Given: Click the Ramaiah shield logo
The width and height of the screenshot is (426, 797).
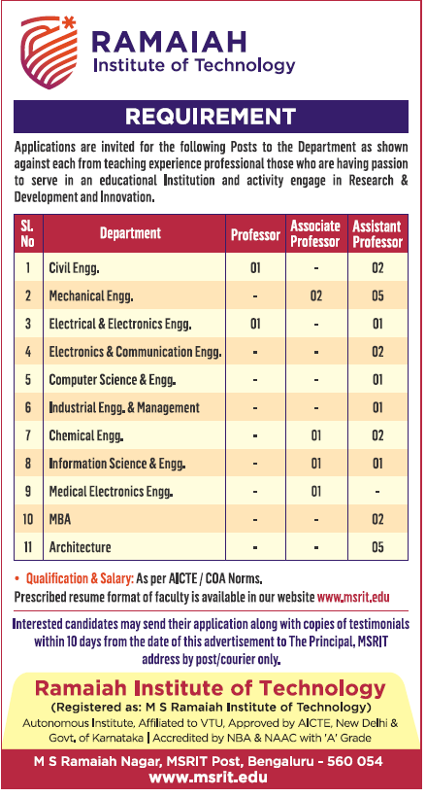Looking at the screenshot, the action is (49, 52).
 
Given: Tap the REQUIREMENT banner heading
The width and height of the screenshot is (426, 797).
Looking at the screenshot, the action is (211, 117).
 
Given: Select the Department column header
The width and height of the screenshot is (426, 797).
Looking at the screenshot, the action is (130, 233).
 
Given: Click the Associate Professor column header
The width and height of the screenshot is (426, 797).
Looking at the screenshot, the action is (315, 233).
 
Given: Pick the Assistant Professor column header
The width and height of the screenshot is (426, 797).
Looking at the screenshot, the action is (377, 233).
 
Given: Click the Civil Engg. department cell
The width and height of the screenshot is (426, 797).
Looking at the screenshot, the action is (74, 268).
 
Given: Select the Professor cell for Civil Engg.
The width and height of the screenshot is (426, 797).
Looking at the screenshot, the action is (255, 267).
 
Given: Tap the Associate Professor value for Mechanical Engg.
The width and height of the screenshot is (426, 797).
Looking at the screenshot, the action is (315, 295).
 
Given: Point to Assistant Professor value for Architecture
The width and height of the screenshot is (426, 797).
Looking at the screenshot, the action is (377, 547).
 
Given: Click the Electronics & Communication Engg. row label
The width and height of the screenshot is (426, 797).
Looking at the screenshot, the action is (135, 352).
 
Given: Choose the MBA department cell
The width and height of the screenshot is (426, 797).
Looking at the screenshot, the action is (60, 519).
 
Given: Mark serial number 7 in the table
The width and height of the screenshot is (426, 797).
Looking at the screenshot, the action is (28, 435).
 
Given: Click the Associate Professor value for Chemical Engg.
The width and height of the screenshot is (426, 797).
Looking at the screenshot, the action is (315, 435).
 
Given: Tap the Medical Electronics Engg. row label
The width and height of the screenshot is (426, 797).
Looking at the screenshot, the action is (112, 492).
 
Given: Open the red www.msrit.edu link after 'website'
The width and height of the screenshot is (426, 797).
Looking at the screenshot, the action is (353, 596).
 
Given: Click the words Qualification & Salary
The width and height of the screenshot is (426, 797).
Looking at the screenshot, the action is (80, 578).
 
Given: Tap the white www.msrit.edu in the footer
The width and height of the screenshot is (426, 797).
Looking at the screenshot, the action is (209, 779).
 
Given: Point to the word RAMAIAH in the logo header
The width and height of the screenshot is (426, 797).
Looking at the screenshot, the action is (169, 42).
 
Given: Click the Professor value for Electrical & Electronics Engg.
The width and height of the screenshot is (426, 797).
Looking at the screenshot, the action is (255, 324).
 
